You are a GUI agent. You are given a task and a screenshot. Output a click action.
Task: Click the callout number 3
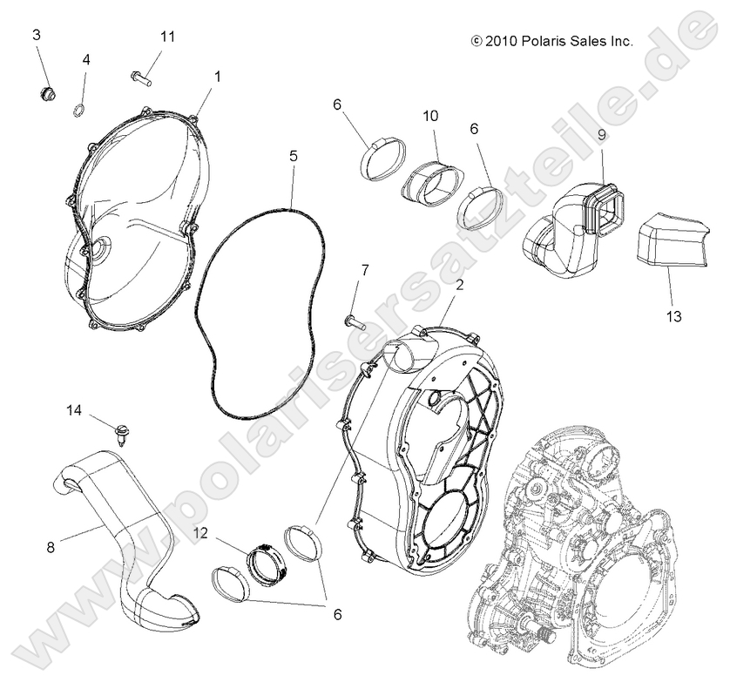click(37, 35)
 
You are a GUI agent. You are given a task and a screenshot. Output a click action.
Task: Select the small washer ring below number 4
click(79, 109)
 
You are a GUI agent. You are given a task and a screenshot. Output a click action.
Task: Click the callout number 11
click(167, 36)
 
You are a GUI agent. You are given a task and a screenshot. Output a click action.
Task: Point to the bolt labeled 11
click(141, 78)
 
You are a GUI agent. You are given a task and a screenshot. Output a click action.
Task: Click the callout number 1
click(217, 76)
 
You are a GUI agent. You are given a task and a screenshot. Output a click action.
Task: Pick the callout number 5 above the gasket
click(294, 157)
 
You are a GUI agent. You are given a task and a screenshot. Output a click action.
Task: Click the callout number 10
click(429, 116)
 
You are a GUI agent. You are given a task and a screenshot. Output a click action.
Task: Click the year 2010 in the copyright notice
click(500, 40)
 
